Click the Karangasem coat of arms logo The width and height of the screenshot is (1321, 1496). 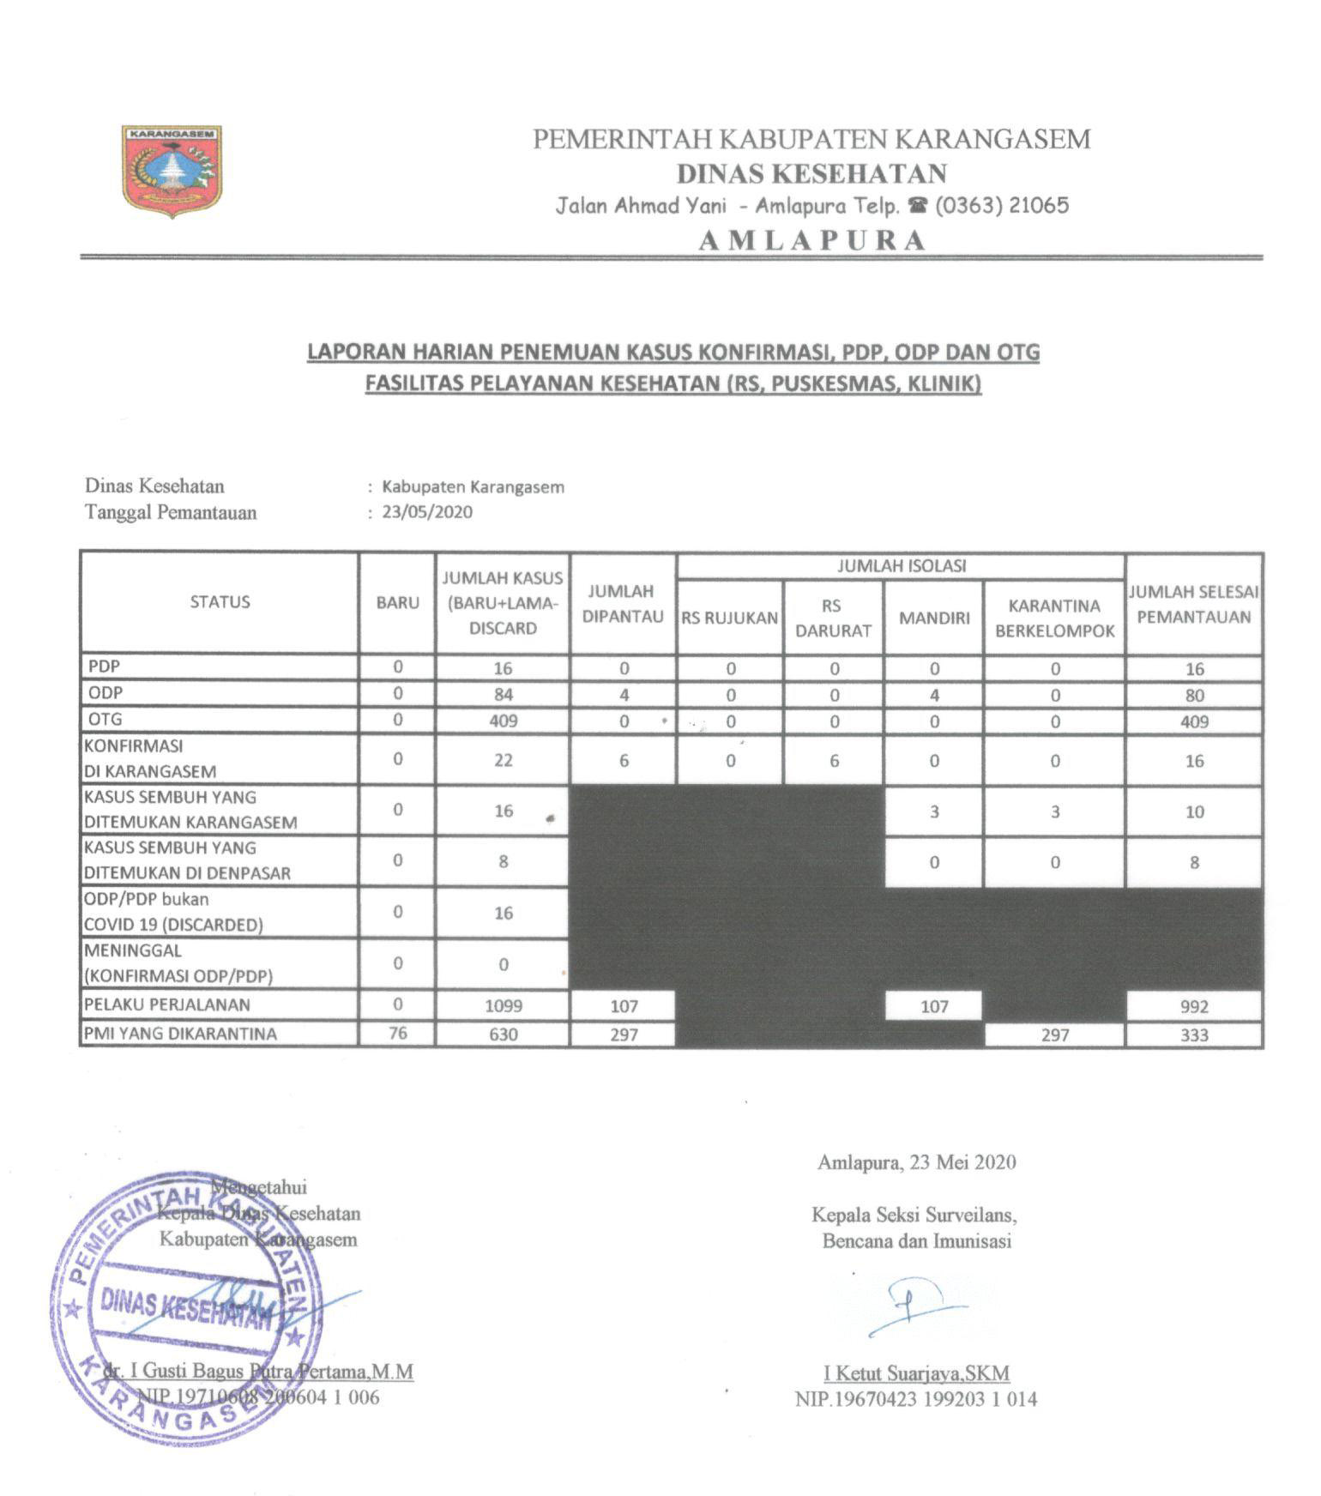tap(172, 171)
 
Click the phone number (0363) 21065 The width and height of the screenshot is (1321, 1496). tap(1002, 206)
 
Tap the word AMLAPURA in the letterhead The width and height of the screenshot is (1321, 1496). tap(812, 240)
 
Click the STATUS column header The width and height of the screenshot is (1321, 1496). tap(220, 602)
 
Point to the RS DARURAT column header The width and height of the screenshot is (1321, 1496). tap(832, 618)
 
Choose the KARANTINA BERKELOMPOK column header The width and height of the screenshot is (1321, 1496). tap(1054, 618)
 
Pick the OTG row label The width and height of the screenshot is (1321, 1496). tap(106, 720)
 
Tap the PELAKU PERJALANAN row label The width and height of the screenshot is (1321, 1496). tap(166, 1004)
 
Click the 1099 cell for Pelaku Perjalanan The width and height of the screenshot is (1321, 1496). tap(503, 1006)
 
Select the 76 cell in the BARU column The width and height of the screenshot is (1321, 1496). tap(397, 1034)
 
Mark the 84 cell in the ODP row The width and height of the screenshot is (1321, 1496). tap(503, 695)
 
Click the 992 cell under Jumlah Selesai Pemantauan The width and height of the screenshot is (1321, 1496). tap(1194, 1007)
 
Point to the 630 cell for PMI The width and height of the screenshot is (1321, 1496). tap(503, 1035)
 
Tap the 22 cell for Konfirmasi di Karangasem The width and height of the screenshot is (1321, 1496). tap(503, 761)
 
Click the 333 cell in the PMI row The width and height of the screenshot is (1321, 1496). tap(1194, 1035)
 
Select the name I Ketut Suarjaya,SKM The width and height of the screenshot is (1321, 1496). tap(916, 1373)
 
